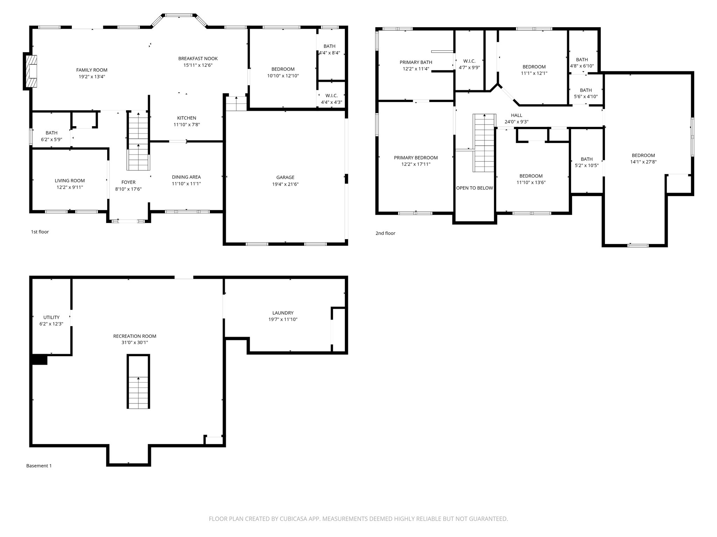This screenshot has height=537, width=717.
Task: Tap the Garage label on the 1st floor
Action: (x=285, y=178)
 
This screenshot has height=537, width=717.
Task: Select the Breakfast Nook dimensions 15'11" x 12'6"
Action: (x=198, y=65)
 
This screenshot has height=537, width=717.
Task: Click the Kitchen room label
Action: (x=186, y=118)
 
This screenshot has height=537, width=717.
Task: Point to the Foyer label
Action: (x=128, y=182)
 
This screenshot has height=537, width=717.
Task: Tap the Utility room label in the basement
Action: (x=51, y=317)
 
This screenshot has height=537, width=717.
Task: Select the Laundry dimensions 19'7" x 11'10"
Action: (x=283, y=320)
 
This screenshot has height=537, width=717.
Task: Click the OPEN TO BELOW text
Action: (x=474, y=188)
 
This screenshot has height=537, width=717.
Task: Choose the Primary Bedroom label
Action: (x=416, y=158)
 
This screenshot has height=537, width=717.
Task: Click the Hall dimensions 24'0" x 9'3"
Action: (x=516, y=122)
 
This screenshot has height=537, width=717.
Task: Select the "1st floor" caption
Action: (x=40, y=232)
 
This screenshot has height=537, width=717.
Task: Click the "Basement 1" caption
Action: (x=39, y=466)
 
